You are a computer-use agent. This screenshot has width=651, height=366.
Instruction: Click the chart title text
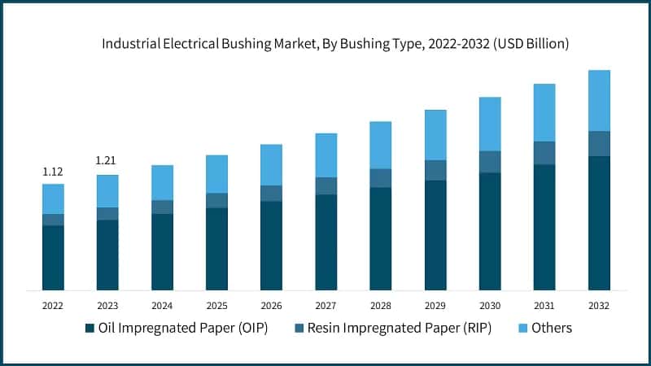(x=325, y=44)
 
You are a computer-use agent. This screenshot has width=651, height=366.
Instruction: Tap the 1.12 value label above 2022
(x=53, y=172)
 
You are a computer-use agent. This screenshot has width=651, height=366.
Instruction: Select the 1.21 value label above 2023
(x=107, y=160)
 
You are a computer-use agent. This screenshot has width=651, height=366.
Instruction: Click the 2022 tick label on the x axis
(x=53, y=305)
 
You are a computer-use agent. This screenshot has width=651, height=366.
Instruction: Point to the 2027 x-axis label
(x=325, y=305)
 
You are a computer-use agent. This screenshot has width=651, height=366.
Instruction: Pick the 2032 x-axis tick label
(x=598, y=305)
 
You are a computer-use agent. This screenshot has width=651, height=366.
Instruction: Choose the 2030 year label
(x=489, y=305)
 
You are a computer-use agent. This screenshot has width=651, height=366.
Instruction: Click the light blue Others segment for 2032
(x=599, y=100)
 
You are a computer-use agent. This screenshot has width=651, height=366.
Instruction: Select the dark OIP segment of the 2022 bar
(x=53, y=257)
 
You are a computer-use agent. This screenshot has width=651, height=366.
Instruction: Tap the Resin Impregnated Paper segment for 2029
(x=435, y=170)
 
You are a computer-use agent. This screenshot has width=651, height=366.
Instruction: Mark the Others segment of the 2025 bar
(x=216, y=173)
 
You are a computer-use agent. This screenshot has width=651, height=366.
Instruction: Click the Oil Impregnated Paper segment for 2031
(x=544, y=227)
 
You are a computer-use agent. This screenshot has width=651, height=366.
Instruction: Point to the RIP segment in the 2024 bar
(x=162, y=207)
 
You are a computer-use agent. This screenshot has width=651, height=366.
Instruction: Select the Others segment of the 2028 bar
(x=381, y=145)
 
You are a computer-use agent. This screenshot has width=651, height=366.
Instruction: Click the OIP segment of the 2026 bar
(x=271, y=245)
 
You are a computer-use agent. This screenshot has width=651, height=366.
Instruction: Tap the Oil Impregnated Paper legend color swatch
(x=90, y=329)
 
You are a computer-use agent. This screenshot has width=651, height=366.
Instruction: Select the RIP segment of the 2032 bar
(x=599, y=143)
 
